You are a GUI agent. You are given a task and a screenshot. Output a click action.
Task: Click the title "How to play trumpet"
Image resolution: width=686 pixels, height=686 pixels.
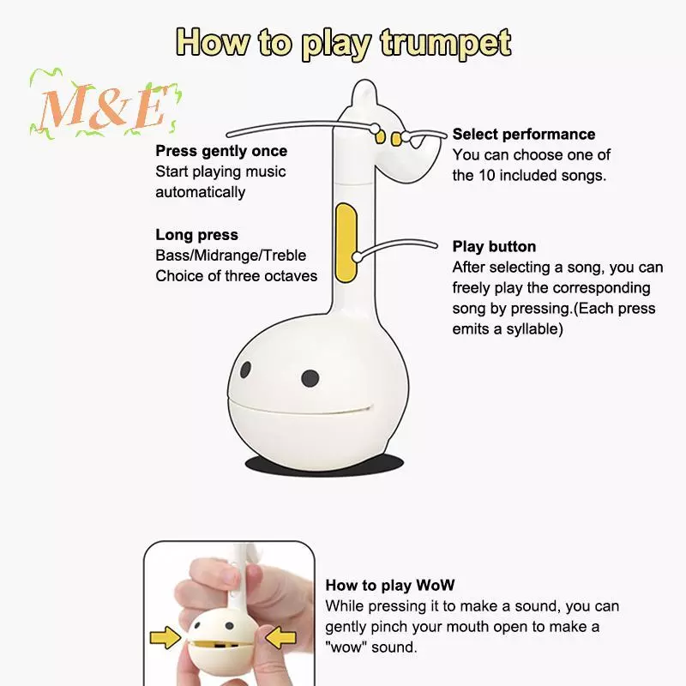[x=344, y=44]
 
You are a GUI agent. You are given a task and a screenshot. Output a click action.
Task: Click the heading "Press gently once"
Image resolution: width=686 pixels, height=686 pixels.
[x=221, y=151]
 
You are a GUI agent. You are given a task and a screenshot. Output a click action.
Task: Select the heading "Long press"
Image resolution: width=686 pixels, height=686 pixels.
[x=197, y=235]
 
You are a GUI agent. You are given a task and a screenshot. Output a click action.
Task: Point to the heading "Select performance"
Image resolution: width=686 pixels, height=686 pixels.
[x=524, y=135]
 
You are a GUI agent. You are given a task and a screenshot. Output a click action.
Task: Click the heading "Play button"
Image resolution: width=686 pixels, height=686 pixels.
[x=494, y=246]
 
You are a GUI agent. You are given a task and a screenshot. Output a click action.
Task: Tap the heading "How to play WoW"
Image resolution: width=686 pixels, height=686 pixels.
[x=390, y=586]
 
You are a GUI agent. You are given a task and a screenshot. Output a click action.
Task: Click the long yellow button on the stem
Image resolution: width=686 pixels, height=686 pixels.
[x=346, y=243]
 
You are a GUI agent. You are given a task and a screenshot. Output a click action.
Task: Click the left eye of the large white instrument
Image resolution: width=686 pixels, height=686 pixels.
[x=245, y=370]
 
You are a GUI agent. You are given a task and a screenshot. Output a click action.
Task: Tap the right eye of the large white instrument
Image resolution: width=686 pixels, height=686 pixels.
[x=310, y=378]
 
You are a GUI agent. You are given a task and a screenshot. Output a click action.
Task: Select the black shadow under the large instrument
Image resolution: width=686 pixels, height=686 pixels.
[x=324, y=463]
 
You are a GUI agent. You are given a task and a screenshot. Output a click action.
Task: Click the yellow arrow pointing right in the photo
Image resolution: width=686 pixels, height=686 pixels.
[x=165, y=637]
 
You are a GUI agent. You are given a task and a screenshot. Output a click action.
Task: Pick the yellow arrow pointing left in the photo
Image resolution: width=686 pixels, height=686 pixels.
[x=281, y=637]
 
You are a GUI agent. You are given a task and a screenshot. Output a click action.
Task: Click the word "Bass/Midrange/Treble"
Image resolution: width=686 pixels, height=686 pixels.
[x=231, y=256]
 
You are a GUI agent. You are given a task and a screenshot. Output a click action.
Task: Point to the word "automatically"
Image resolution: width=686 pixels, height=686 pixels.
[x=201, y=192]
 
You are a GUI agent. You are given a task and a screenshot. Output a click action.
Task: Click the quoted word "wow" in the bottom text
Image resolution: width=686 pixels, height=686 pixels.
[x=346, y=647]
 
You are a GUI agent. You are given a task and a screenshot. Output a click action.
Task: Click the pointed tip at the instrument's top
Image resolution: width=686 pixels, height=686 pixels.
[x=364, y=81]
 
